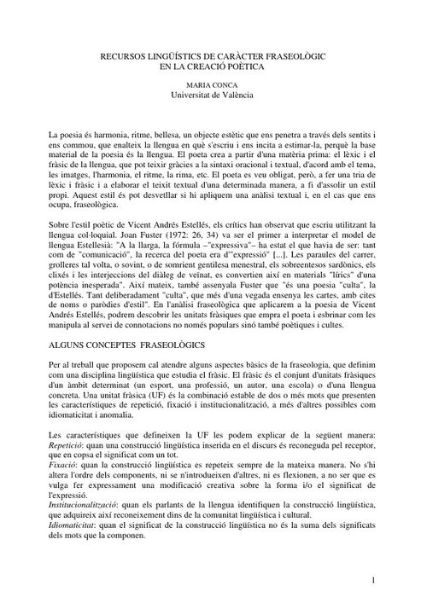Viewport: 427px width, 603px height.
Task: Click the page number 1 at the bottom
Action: coord(375,580)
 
